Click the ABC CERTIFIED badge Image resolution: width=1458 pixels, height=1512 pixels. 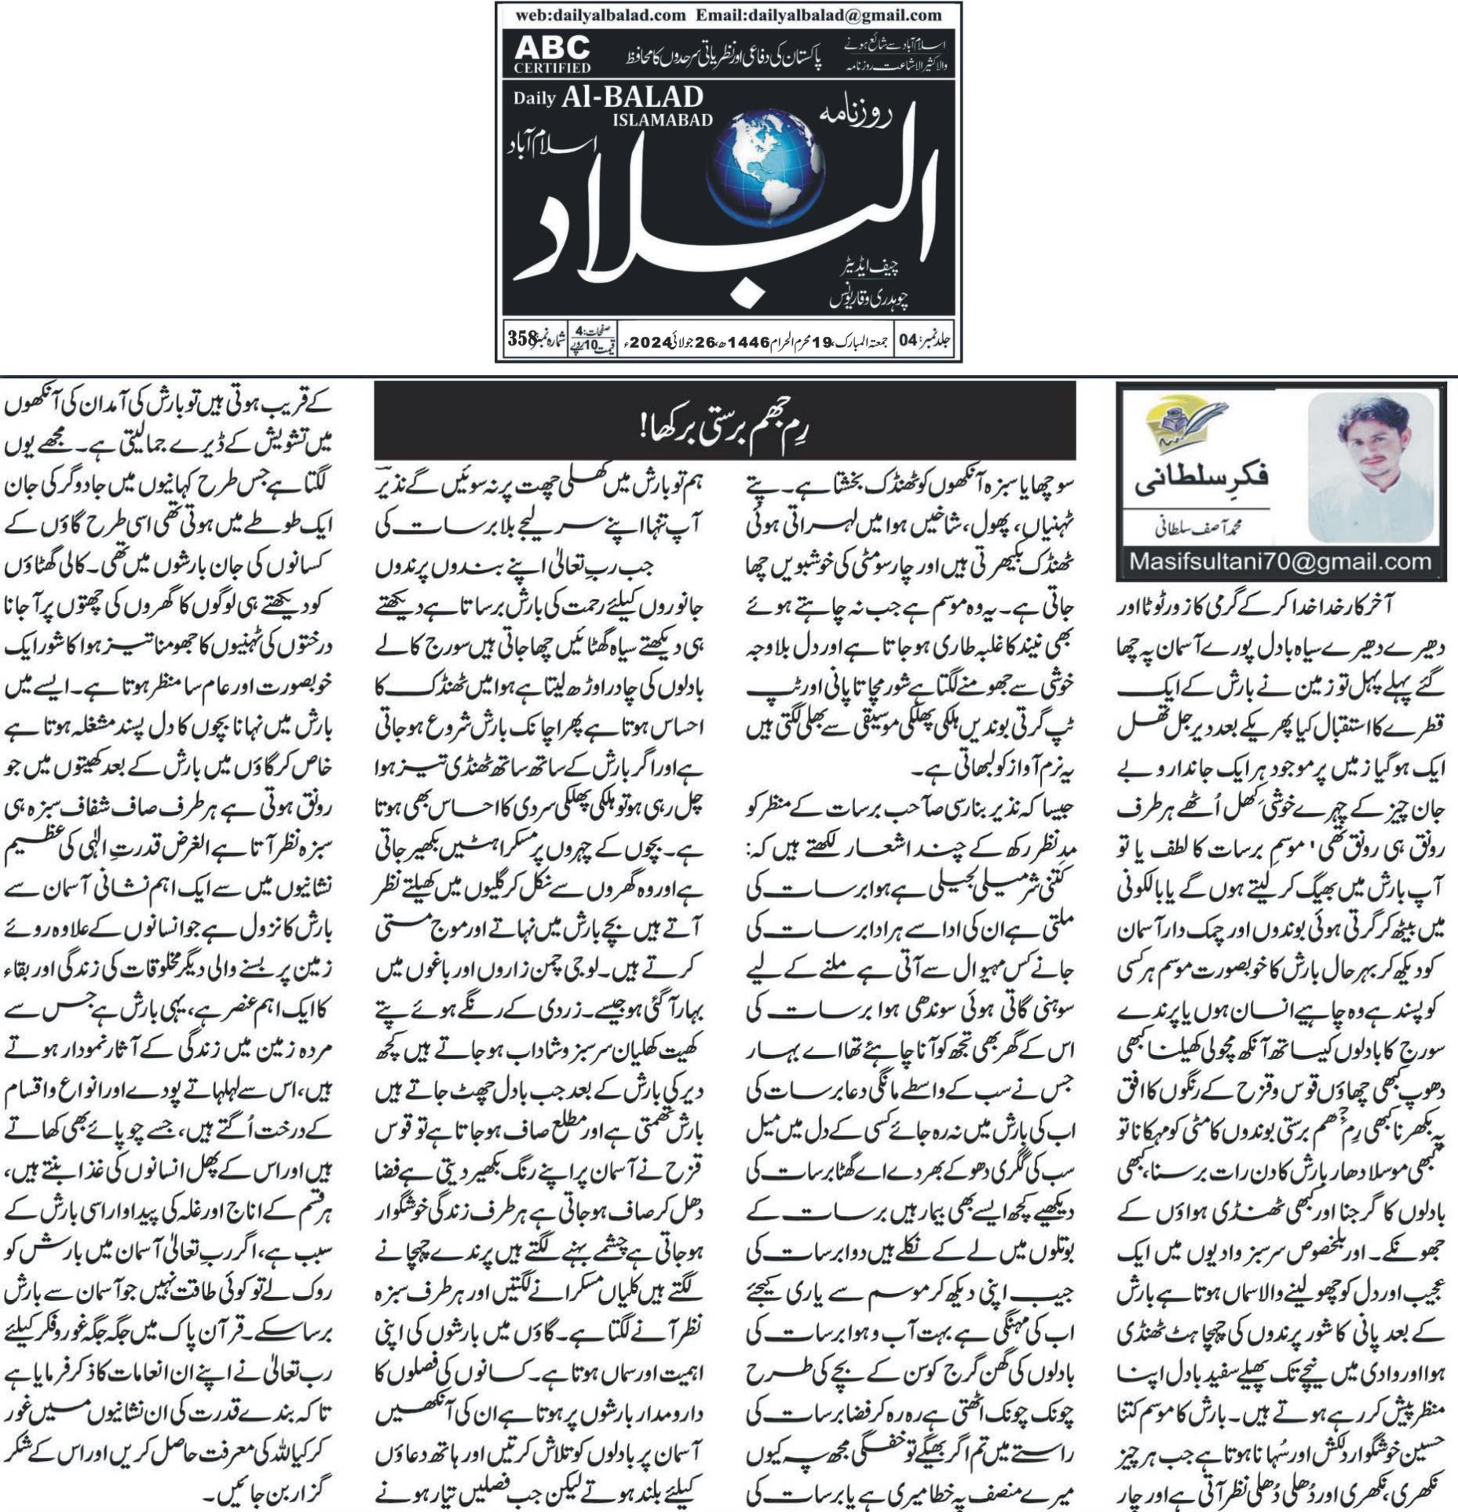pyautogui.click(x=552, y=55)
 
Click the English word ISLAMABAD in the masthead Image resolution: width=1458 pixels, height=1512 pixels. pyautogui.click(x=662, y=120)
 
